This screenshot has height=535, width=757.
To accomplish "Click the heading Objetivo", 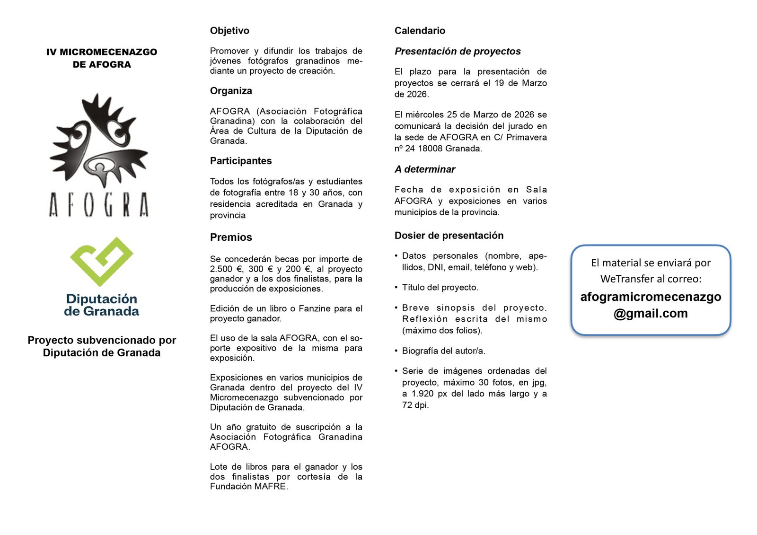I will click(x=229, y=31).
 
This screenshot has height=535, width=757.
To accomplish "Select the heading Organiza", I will click(x=231, y=91).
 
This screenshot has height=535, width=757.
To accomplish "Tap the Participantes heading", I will click(x=241, y=161).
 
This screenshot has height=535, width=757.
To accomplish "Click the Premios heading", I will click(x=231, y=237).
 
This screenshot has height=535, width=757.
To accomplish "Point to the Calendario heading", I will click(x=420, y=31).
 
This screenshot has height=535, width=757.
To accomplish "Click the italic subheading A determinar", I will click(x=425, y=169).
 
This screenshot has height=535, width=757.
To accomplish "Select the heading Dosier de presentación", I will click(x=449, y=236).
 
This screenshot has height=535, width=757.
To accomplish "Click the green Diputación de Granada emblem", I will click(x=101, y=261).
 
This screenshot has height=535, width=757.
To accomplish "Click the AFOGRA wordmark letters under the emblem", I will click(x=99, y=205).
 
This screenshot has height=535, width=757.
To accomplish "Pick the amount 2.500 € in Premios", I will click(x=227, y=269).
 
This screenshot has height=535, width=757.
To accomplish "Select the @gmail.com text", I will click(x=651, y=314).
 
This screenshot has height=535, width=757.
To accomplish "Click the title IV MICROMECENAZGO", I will click(x=102, y=52).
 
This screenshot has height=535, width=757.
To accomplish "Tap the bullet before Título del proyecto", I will click(x=396, y=288).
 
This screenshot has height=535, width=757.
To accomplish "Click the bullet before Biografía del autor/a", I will click(x=396, y=351).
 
